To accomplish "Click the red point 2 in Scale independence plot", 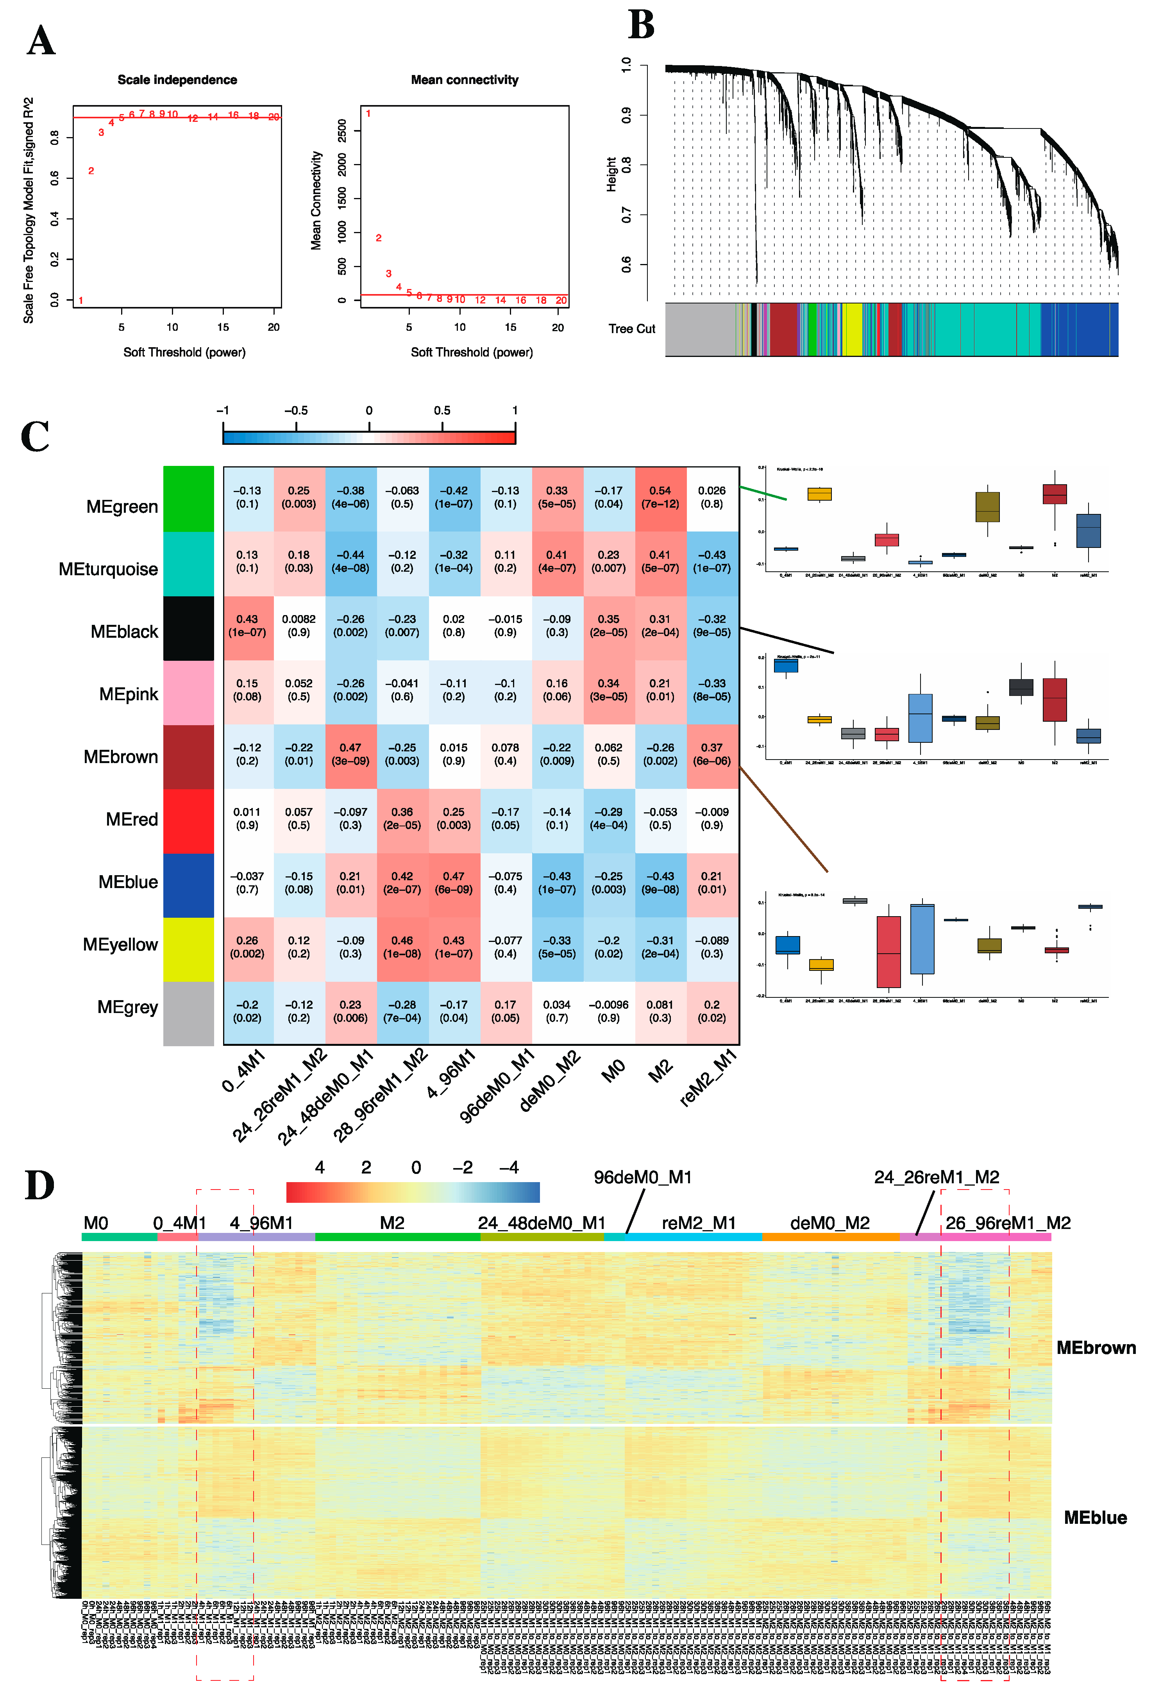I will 91,171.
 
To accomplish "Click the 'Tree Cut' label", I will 632,329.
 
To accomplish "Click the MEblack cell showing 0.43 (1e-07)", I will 247,626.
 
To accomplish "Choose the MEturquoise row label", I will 108,569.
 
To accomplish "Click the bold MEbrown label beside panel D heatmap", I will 1095,1348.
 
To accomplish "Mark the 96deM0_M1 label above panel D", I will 642,1178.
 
